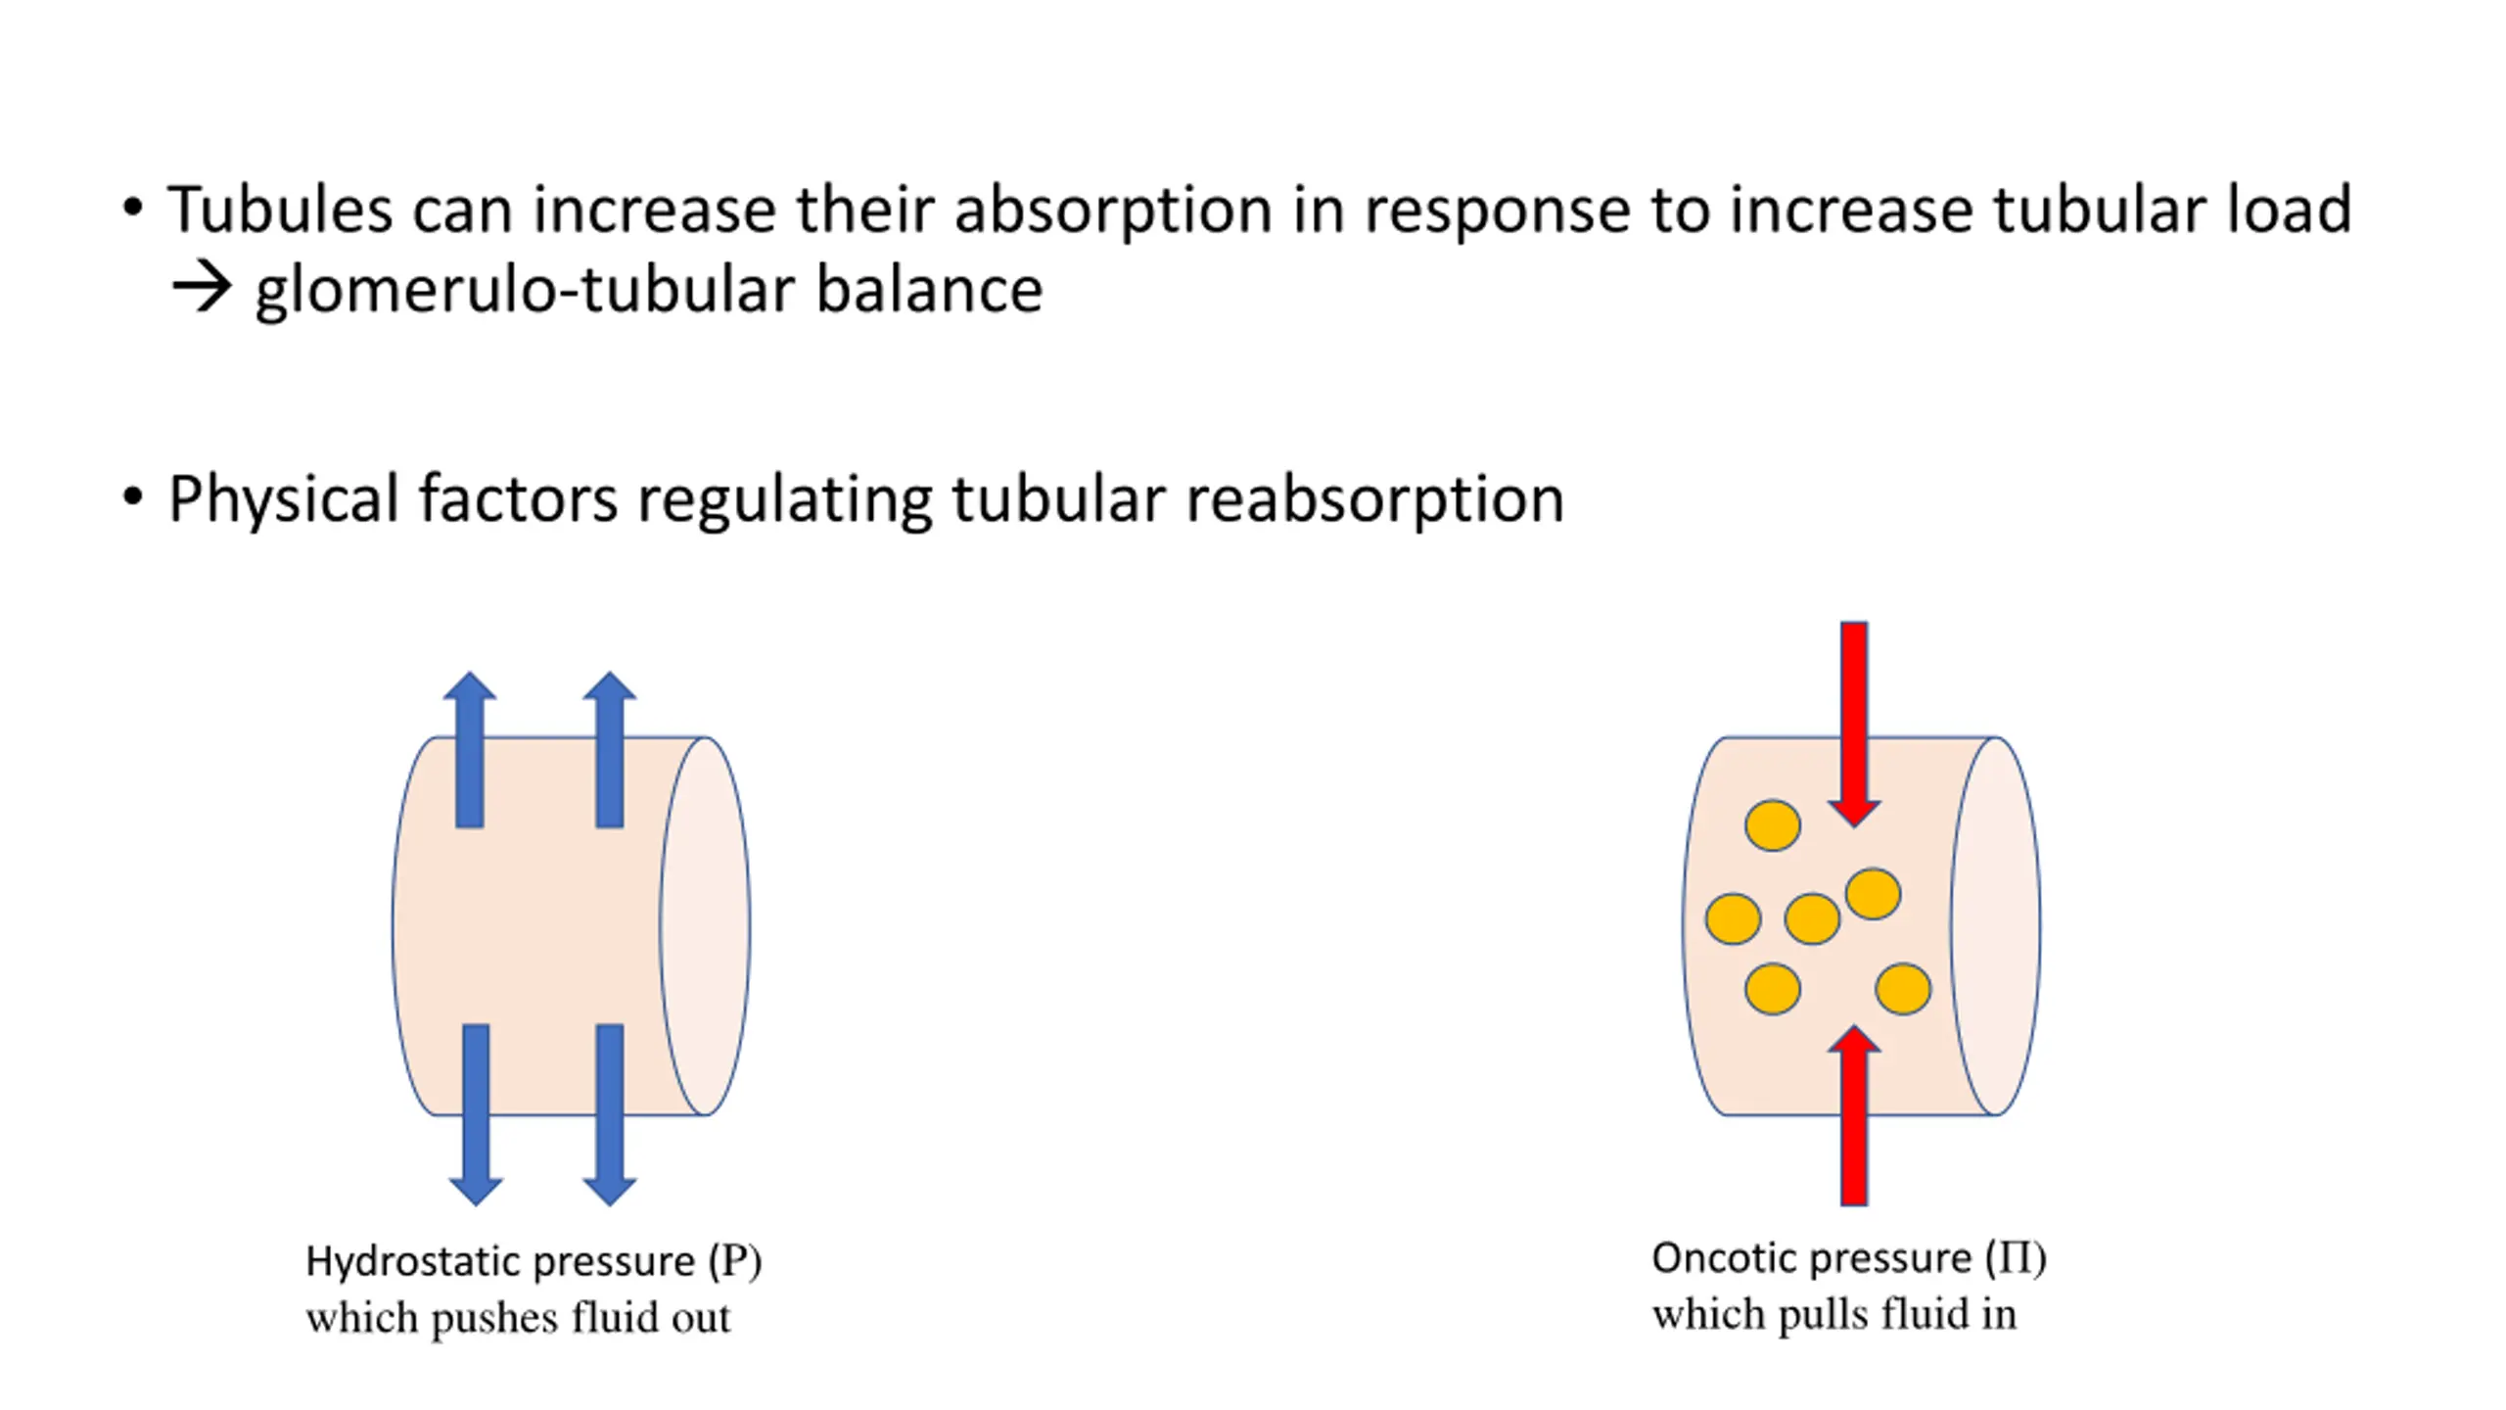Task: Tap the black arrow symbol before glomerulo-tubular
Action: pos(202,289)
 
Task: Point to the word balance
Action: pos(929,290)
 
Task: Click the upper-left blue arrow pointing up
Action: pos(470,750)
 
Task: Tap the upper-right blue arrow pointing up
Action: pos(610,750)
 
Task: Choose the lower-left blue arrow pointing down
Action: pos(476,1114)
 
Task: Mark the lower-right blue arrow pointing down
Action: pos(610,1114)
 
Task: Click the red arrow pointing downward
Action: pos(1854,725)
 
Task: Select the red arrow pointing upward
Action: pos(1854,1115)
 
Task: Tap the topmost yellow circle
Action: pos(1772,825)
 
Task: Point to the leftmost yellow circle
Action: pos(1733,919)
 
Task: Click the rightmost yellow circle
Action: pos(1903,989)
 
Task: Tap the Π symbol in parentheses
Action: pos(2017,1258)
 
